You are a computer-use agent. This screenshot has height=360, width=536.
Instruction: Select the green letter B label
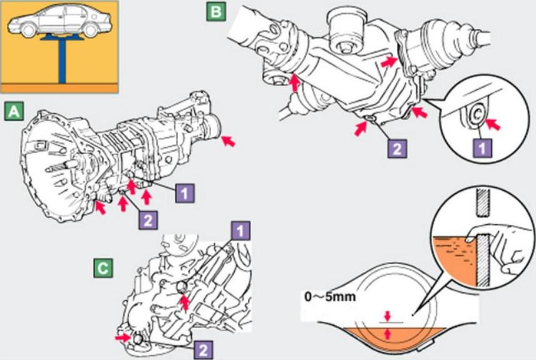216,12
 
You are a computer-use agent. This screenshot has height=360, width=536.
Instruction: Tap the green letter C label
103,268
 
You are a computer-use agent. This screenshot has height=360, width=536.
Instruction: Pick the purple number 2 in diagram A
148,219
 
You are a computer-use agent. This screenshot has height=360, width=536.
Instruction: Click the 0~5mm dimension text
330,297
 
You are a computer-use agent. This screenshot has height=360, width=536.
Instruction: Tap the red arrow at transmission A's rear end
230,142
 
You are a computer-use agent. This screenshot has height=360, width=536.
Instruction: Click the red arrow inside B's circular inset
495,124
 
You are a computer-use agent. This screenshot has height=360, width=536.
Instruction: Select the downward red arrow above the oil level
388,315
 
